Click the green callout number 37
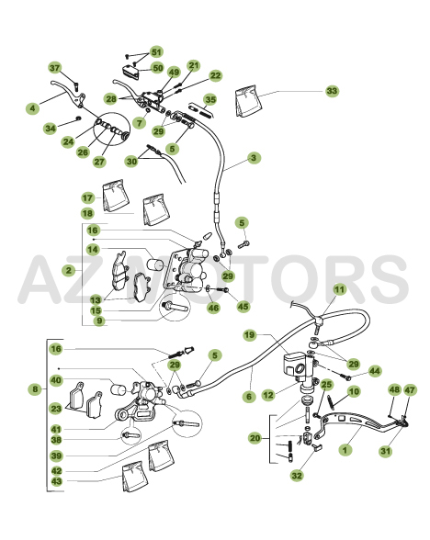(55, 69)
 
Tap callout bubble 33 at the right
(332, 92)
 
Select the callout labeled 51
(156, 52)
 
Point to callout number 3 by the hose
(254, 158)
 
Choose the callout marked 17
(87, 197)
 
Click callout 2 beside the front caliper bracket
(69, 270)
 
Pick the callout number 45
(243, 306)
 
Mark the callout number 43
(56, 481)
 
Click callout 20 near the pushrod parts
(255, 439)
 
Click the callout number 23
(56, 410)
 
